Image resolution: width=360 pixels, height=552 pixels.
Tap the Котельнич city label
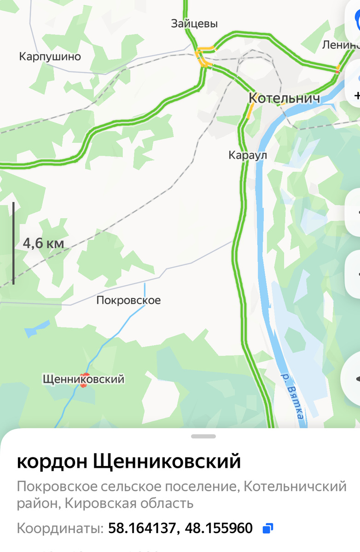click(x=284, y=98)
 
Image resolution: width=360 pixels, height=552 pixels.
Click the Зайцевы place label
click(x=194, y=23)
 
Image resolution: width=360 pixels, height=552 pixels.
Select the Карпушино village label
click(x=50, y=57)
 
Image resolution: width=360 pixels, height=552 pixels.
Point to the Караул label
click(x=248, y=155)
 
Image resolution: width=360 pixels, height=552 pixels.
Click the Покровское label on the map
click(x=128, y=300)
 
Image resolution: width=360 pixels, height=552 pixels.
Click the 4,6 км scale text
click(x=43, y=243)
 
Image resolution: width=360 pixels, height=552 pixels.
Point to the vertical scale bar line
click(x=13, y=243)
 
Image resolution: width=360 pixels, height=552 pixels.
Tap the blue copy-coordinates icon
click(x=267, y=528)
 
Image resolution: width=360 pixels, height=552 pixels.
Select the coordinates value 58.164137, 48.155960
click(x=180, y=528)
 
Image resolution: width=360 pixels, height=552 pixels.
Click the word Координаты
click(x=60, y=528)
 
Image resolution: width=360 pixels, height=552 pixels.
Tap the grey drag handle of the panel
click(x=203, y=436)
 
